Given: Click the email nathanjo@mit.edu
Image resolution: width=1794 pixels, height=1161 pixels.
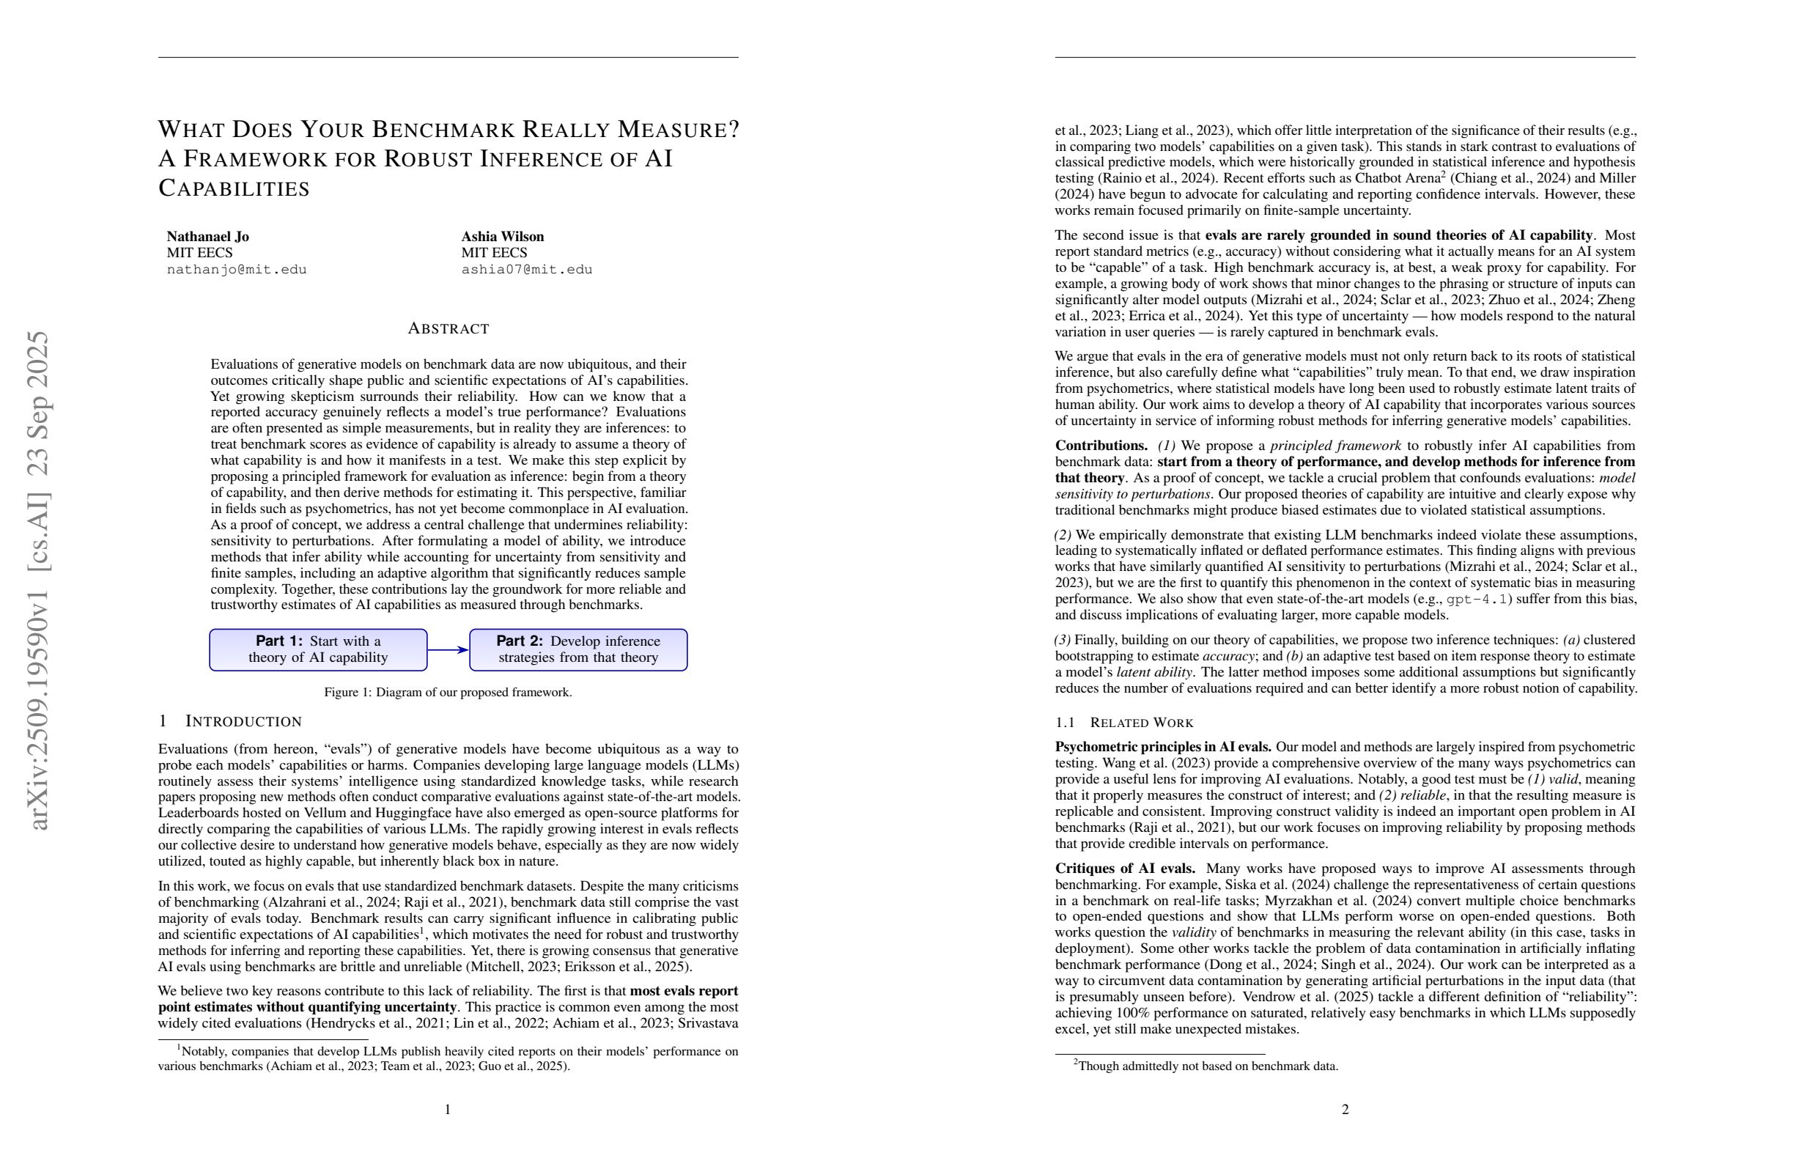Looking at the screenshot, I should tap(237, 270).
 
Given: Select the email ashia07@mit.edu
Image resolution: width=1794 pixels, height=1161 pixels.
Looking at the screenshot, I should tap(527, 270).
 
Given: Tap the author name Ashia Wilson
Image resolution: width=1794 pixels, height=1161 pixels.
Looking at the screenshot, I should tap(502, 237).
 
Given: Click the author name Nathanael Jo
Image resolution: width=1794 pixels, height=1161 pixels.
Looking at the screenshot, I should tap(207, 237).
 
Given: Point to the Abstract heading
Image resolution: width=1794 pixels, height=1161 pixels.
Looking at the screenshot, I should tap(448, 328).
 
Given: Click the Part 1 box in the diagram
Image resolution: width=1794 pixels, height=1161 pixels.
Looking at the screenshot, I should tap(318, 650).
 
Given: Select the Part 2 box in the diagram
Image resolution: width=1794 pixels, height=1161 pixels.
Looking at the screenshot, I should tap(578, 650).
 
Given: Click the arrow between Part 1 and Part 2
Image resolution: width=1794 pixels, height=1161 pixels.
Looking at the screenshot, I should tap(448, 650).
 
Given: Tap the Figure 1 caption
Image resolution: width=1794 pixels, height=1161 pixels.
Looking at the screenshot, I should tap(448, 692).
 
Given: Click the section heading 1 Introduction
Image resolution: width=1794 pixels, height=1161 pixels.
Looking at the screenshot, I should tap(230, 721).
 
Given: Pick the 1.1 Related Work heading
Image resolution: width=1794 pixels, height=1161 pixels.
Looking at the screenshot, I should tap(1124, 723).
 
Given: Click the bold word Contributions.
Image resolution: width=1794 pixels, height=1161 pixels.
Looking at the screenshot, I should tap(1101, 446).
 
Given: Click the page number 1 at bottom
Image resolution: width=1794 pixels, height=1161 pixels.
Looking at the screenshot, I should tap(448, 1110).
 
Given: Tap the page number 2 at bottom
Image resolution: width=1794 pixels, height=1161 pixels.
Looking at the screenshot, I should tap(1345, 1110).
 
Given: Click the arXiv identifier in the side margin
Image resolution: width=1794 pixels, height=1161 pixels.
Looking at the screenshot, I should tap(37, 580).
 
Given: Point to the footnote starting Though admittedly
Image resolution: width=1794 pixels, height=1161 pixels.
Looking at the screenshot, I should tap(1206, 1066).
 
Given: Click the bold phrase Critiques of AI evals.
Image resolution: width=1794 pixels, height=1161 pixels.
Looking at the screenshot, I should tap(1125, 869).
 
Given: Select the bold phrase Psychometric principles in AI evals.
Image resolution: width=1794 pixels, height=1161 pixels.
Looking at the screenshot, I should tap(1163, 747).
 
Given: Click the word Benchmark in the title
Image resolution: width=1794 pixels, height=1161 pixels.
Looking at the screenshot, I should tap(443, 130).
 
